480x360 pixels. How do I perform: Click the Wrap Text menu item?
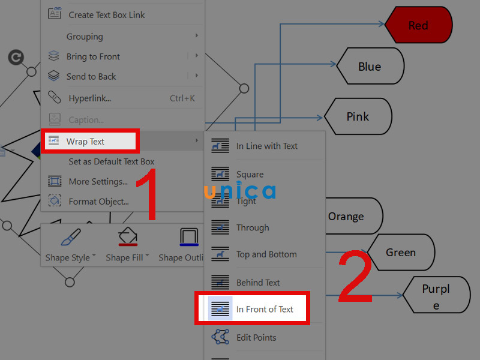86,142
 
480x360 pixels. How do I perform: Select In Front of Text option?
265,310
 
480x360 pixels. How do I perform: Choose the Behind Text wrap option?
258,283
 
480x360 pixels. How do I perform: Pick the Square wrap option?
250,175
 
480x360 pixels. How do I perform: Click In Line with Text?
266,146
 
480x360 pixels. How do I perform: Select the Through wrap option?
253,227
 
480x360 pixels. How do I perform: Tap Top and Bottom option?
266,254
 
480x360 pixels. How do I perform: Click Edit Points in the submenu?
256,338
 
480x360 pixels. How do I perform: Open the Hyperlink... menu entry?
90,98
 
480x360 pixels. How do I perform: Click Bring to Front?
93,56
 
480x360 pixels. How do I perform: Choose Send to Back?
91,77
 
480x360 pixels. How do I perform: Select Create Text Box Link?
107,15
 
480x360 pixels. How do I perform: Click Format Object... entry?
98,202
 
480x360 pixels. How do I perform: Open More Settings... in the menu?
98,182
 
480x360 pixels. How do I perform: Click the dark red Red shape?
418,25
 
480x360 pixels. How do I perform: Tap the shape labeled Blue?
370,67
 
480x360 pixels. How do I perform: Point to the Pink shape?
358,116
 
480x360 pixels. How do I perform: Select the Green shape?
400,253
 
